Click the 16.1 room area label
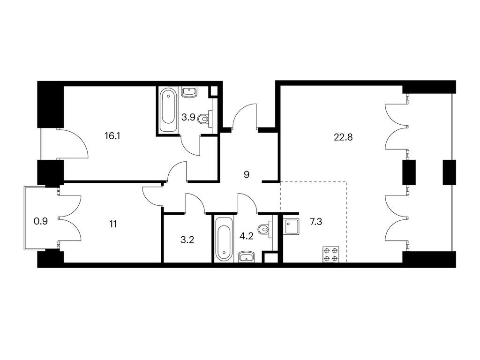click(112, 136)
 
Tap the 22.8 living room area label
click(343, 137)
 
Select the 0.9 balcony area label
click(40, 221)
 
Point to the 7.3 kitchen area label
click(316, 222)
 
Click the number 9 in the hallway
click(247, 174)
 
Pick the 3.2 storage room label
click(187, 240)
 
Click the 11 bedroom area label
click(113, 225)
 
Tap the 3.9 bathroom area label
click(188, 117)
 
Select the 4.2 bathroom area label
click(247, 237)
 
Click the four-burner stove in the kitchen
click(331, 254)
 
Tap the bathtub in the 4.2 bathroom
click(225, 239)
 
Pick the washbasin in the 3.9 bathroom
click(190, 92)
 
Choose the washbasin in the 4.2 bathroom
click(247, 257)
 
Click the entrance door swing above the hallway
click(244, 115)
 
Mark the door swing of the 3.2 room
click(195, 202)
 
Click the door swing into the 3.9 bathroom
click(190, 145)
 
